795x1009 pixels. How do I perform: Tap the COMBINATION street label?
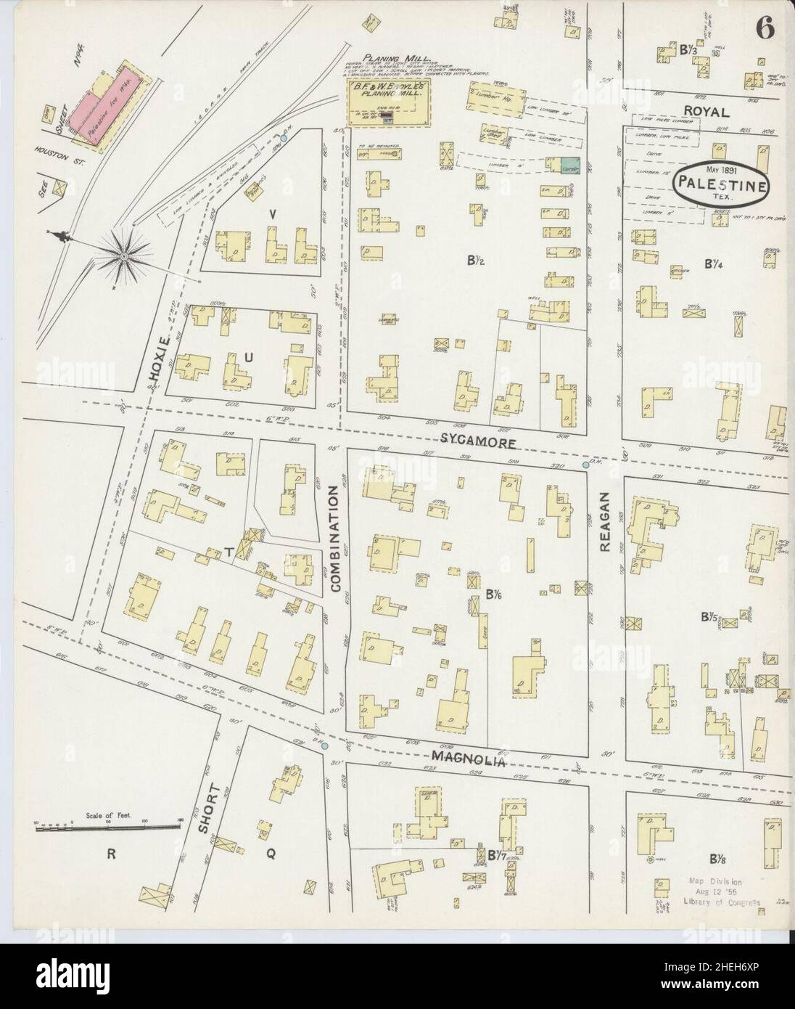(x=336, y=539)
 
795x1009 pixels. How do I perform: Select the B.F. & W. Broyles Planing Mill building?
(x=389, y=102)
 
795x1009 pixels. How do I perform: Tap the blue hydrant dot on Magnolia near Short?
(x=324, y=745)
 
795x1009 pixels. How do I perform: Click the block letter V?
(x=272, y=214)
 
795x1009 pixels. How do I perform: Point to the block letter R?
(x=112, y=854)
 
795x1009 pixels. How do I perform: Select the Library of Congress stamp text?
(x=722, y=891)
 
